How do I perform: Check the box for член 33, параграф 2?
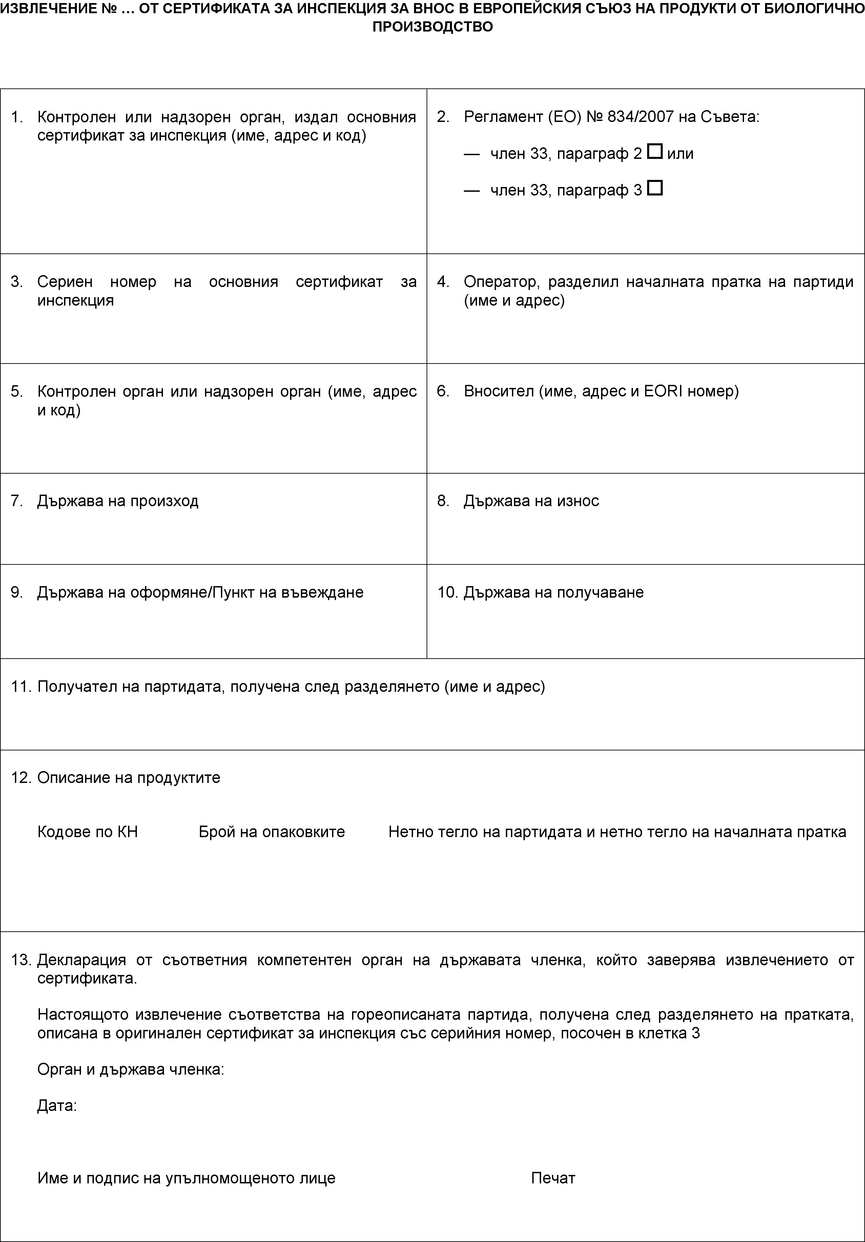(654, 152)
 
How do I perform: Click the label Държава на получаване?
(553, 592)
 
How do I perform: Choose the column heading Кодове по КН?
(88, 831)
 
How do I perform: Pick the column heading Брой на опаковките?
(272, 831)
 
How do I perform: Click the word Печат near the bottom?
(553, 1178)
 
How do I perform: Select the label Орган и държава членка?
(130, 1070)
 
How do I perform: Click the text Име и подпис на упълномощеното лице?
(186, 1178)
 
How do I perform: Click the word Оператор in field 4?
(501, 282)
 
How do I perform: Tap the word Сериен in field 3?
(65, 282)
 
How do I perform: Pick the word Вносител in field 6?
(498, 391)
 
